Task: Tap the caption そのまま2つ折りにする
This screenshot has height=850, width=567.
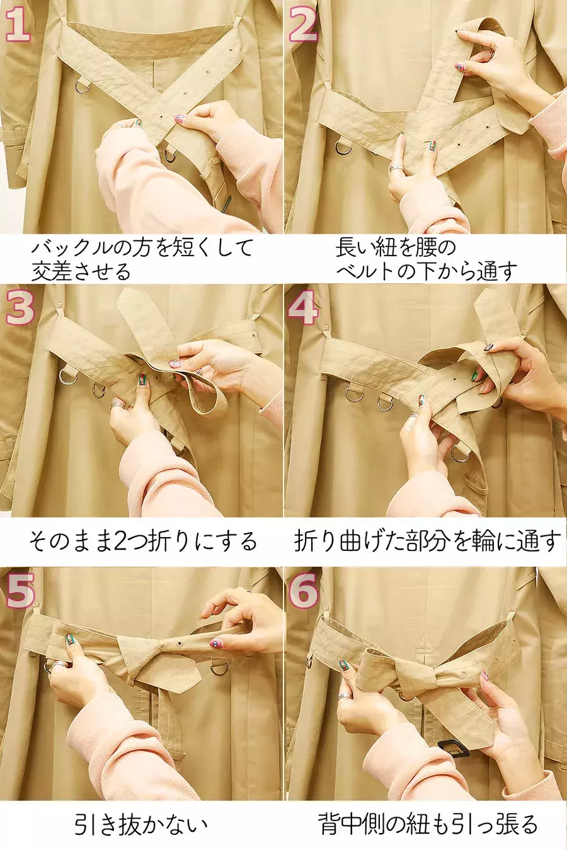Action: click(x=143, y=541)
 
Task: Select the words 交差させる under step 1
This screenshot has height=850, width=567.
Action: click(x=81, y=271)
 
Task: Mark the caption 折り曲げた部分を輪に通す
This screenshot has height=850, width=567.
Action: click(x=428, y=541)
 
